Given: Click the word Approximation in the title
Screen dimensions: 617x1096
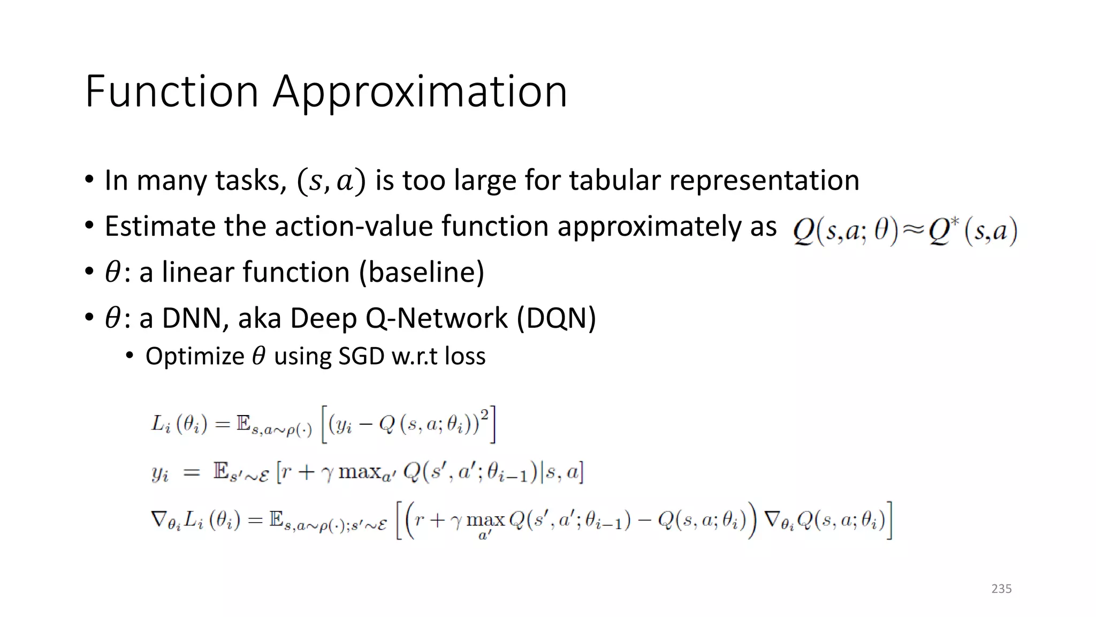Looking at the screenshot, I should pos(420,92).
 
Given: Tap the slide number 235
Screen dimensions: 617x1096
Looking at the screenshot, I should pos(1001,589).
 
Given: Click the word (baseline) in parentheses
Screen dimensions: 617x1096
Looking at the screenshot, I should pos(422,272).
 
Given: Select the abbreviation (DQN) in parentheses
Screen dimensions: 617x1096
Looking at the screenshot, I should pos(557,318).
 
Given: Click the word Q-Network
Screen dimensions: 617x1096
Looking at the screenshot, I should pos(436,318).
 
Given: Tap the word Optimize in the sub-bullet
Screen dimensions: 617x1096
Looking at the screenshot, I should pos(195,356).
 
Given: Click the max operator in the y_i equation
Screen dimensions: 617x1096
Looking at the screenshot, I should pos(360,472).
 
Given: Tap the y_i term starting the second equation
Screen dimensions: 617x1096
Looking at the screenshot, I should pos(160,473).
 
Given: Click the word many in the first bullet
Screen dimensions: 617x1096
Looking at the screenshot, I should pos(171,181).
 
